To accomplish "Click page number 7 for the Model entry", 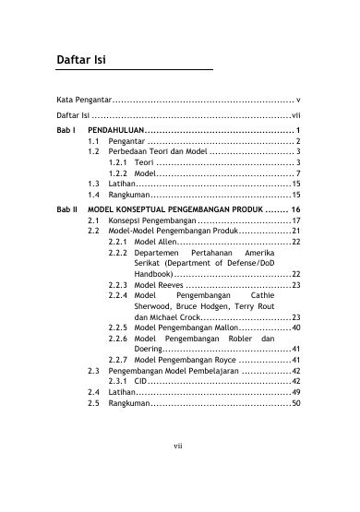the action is [x=297, y=173].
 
